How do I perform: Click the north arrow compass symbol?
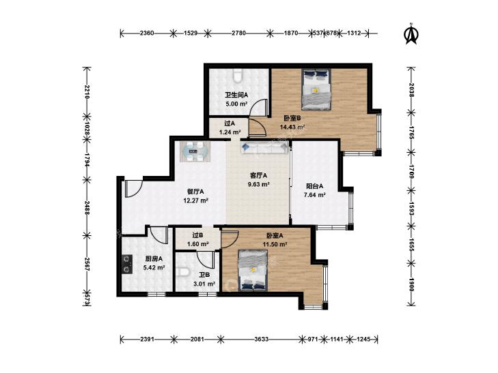coord(411,33)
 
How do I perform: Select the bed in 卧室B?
coord(316,90)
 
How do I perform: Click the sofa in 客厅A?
coord(264,148)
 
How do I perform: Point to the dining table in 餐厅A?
coord(195,152)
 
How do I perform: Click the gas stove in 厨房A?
coord(127,264)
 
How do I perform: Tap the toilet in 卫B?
coord(183,271)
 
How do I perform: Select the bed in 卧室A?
coord(253,270)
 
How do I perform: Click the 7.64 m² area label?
coord(314,195)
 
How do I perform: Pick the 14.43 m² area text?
coord(292,127)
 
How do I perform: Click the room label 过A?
coord(229,123)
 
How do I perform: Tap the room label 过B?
coord(198,235)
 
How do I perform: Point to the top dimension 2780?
coord(238,33)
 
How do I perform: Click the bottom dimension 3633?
coord(262,339)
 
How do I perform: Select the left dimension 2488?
coord(86,207)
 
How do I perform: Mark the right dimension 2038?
coord(411,90)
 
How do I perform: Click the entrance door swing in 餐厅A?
coord(133,189)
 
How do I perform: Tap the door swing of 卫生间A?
coord(258,107)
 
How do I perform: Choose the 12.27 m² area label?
coord(195,200)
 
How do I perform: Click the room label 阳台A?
coord(314,186)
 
